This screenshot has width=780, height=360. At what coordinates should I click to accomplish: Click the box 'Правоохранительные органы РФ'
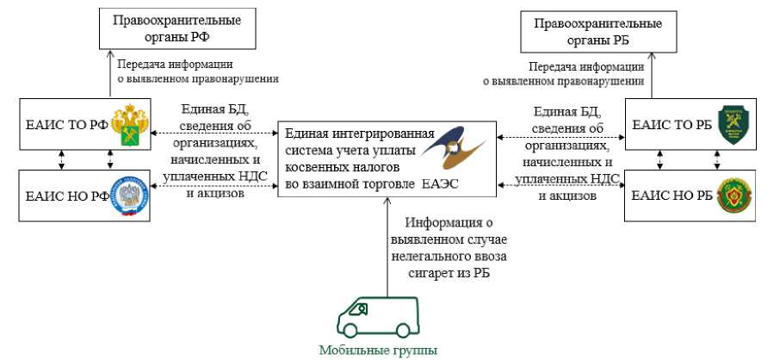click(x=177, y=29)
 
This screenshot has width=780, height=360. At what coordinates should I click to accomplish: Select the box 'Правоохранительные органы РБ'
click(x=598, y=33)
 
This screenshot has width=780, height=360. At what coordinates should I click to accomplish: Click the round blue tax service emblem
click(x=129, y=196)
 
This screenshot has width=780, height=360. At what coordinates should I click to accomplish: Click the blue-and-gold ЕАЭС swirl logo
click(x=450, y=148)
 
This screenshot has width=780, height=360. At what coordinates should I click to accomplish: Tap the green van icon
click(x=379, y=317)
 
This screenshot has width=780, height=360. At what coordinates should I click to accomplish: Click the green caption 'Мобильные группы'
click(x=378, y=350)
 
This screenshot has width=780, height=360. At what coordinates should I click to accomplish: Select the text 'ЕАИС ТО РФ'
click(x=66, y=125)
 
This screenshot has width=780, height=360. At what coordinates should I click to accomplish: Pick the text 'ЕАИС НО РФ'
click(x=67, y=196)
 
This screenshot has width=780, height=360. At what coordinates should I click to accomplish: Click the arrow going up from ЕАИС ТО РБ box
click(x=651, y=75)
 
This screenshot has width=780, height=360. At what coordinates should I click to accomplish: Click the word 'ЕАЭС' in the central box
click(x=440, y=184)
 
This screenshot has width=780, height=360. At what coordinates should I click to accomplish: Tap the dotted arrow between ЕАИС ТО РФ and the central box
click(x=214, y=133)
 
